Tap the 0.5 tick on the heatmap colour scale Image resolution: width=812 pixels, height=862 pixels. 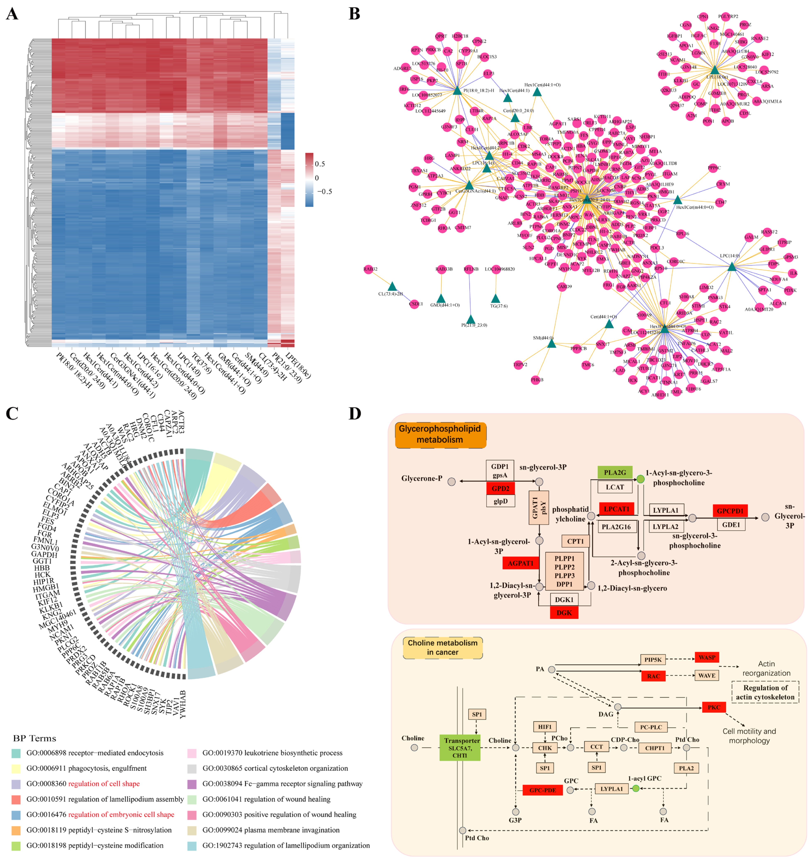click(319, 164)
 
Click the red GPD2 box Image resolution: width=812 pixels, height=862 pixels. click(500, 489)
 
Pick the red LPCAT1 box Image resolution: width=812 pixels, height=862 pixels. click(616, 509)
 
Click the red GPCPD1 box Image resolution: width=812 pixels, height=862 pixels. click(730, 511)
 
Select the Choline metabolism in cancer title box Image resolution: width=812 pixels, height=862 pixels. click(442, 647)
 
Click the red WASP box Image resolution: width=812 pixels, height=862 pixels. click(707, 657)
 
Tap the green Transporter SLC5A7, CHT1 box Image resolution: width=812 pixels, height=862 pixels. click(459, 748)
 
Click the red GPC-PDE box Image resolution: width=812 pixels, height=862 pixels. click(542, 790)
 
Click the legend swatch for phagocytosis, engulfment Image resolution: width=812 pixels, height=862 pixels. click(16, 768)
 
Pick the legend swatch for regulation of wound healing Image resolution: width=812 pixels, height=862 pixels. click(192, 799)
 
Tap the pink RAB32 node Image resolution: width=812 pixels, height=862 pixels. click(371, 269)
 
